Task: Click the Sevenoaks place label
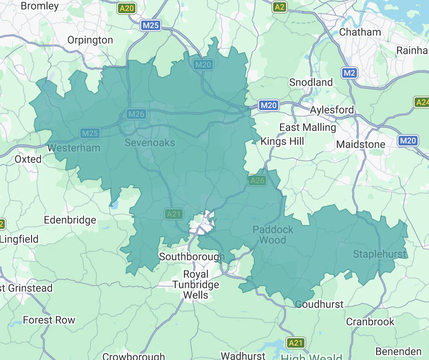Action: [149, 142]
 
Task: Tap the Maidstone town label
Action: [360, 144]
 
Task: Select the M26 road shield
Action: [136, 114]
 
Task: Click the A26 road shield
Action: [257, 180]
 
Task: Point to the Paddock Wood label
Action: [273, 235]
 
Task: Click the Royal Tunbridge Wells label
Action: [195, 284]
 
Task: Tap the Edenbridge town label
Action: [70, 220]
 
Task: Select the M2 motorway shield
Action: [349, 73]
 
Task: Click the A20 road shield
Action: [127, 8]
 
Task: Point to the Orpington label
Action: [90, 40]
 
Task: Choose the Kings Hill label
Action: [282, 141]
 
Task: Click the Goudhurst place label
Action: [319, 304]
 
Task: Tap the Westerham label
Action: [74, 148]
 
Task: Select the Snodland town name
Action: [311, 82]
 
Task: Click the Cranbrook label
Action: [370, 322]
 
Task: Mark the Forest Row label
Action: [49, 320]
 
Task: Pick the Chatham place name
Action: [360, 32]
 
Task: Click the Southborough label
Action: [191, 256]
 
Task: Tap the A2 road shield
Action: [279, 7]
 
